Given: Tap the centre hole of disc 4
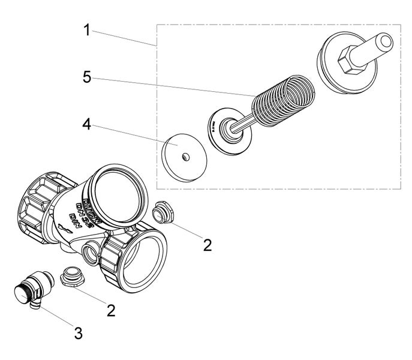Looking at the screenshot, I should [x=187, y=155].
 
